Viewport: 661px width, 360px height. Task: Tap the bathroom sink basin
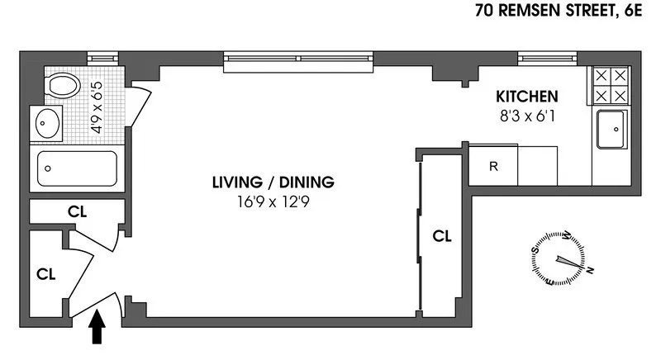pos(45,126)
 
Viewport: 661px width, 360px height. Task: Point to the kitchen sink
pos(612,128)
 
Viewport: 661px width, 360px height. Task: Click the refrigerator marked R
pos(493,166)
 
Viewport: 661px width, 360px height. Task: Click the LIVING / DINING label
pos(273,182)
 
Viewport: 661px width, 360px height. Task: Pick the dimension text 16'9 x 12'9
pos(273,200)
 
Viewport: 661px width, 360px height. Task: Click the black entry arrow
pos(97,329)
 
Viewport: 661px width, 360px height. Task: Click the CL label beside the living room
pos(443,237)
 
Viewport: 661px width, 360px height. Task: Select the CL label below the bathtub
pos(77,211)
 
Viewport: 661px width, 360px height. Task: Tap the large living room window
pos(299,58)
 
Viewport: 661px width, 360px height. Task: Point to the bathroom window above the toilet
pos(103,58)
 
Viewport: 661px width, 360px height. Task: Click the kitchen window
pos(546,58)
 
